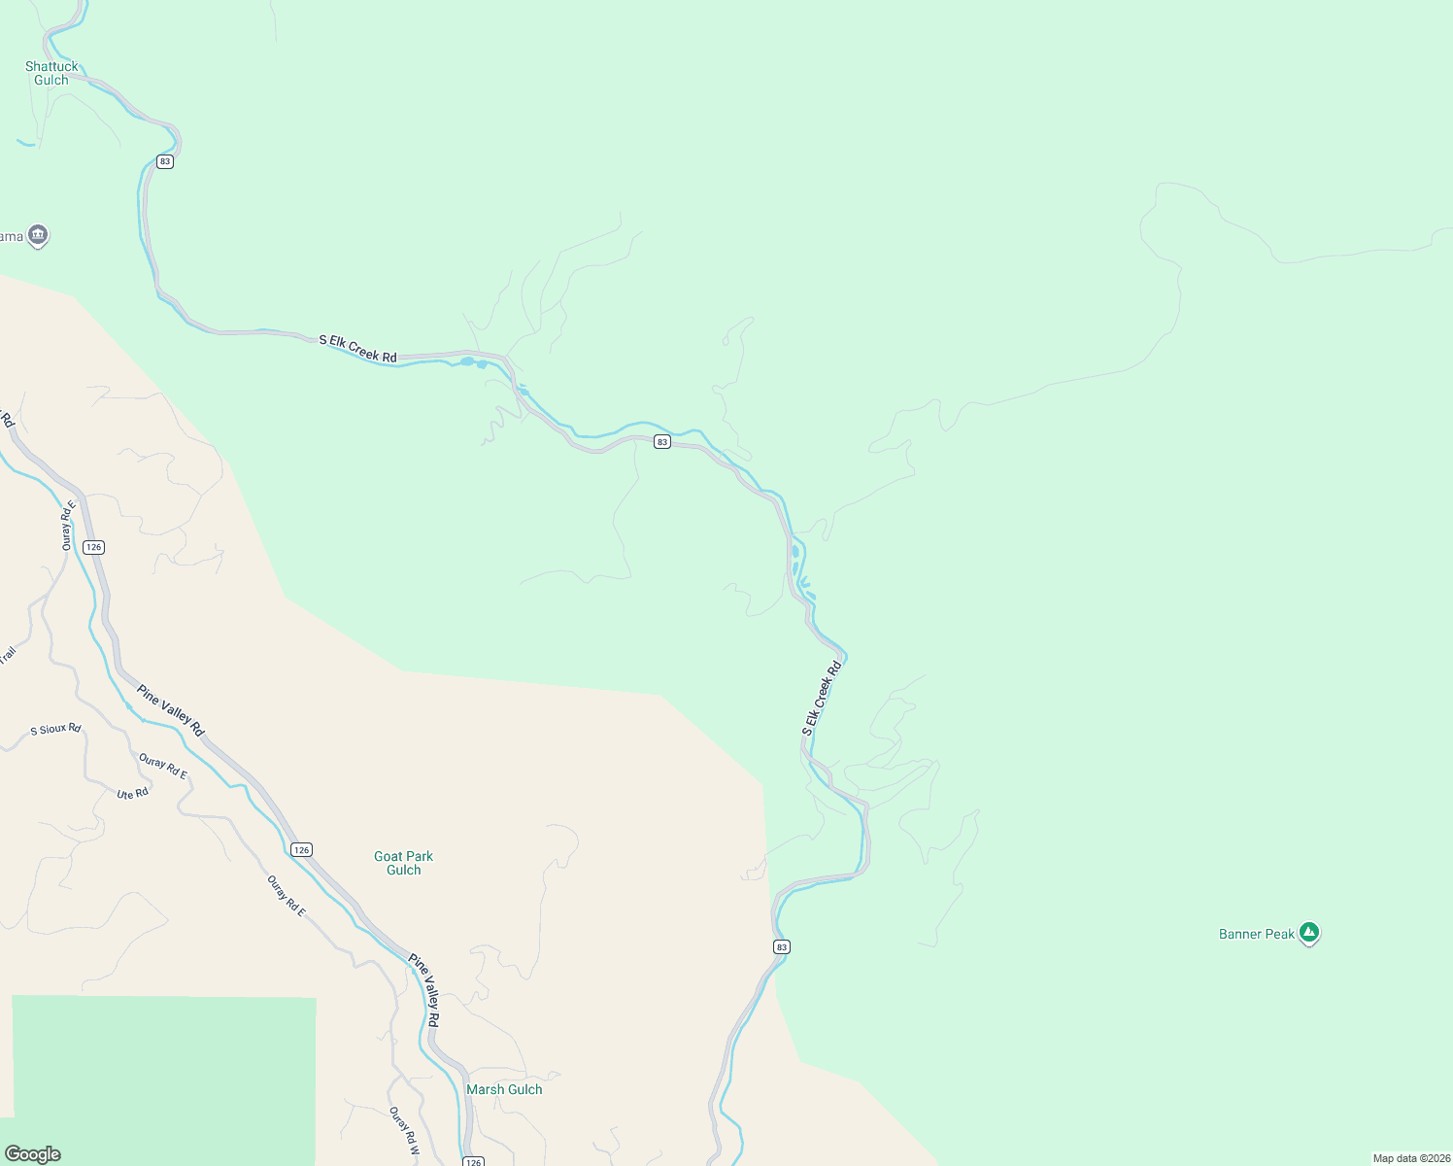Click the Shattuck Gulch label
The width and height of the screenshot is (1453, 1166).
tap(51, 74)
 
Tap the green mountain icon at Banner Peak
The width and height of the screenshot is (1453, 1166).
tap(1309, 933)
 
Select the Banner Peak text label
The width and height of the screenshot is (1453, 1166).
tap(1257, 934)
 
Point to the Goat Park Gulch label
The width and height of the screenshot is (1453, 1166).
tap(404, 863)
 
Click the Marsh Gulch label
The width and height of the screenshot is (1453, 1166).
tap(504, 1089)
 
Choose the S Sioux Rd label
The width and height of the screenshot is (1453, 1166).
tap(55, 729)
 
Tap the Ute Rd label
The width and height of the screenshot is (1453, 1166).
tap(132, 794)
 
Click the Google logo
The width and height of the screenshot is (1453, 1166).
tap(33, 1154)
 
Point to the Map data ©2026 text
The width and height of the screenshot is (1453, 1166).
tap(1410, 1158)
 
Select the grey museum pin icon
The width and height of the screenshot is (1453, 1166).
tap(38, 235)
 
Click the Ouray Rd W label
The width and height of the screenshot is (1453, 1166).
tap(403, 1130)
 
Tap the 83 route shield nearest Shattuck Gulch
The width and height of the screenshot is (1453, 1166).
tap(165, 161)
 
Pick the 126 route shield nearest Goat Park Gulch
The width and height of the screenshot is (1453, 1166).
tap(302, 850)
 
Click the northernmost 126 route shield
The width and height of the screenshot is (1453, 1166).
tap(93, 547)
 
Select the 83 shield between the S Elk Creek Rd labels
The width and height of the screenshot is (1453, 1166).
tap(662, 441)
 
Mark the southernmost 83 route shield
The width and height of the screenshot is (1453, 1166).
tap(782, 946)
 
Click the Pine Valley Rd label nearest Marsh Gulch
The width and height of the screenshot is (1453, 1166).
tap(423, 990)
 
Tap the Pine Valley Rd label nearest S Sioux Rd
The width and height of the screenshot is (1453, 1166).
tap(171, 710)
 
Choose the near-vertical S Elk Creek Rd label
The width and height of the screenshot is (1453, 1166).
tap(822, 698)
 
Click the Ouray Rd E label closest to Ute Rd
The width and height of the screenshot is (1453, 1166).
tap(163, 767)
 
